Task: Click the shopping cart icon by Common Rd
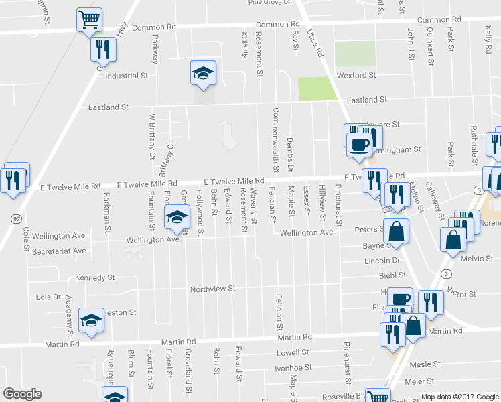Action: [x=89, y=20]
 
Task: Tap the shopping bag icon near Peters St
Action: [x=397, y=230]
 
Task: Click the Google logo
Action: [x=22, y=394]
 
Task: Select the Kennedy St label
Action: [x=95, y=277]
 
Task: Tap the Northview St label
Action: [x=213, y=289]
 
